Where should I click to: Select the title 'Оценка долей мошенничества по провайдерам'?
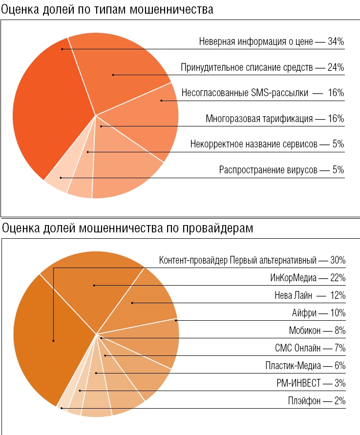[128, 228]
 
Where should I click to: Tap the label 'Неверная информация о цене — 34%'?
[272, 42]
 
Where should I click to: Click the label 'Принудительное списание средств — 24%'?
[262, 67]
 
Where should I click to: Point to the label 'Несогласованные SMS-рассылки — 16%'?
[263, 93]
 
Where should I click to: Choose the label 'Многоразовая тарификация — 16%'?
[275, 119]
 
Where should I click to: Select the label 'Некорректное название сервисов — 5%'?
[267, 145]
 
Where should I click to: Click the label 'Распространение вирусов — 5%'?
[282, 170]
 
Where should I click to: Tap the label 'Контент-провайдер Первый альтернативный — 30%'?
[253, 260]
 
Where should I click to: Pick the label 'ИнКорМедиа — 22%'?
[308, 278]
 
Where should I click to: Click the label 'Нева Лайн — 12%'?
[310, 295]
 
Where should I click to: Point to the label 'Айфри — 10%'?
[318, 313]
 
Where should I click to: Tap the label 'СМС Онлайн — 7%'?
[310, 348]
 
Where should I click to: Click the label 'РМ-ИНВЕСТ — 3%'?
[311, 383]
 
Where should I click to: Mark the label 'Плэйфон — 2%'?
[317, 401]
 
